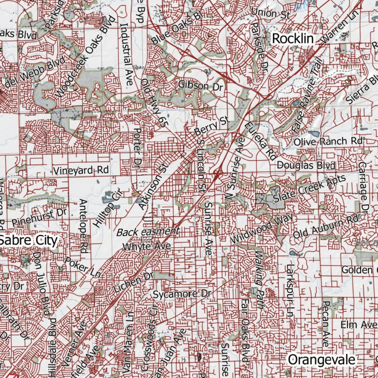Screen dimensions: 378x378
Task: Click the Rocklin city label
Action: coord(293,38)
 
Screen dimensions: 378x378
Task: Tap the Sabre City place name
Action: coord(29,240)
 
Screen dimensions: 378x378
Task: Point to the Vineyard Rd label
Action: coord(81,170)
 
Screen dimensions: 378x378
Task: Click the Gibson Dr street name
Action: coord(201,86)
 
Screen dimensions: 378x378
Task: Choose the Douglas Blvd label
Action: coord(306,165)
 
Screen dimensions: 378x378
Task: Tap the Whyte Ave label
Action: coord(147,246)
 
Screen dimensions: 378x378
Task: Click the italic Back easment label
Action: coord(148,232)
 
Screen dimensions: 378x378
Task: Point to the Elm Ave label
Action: coord(357,325)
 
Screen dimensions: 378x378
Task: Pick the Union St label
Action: coord(271,13)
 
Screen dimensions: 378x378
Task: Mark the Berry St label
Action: coord(212,126)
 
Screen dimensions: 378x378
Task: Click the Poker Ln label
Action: coord(83,267)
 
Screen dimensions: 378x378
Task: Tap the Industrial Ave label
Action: coord(126,54)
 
